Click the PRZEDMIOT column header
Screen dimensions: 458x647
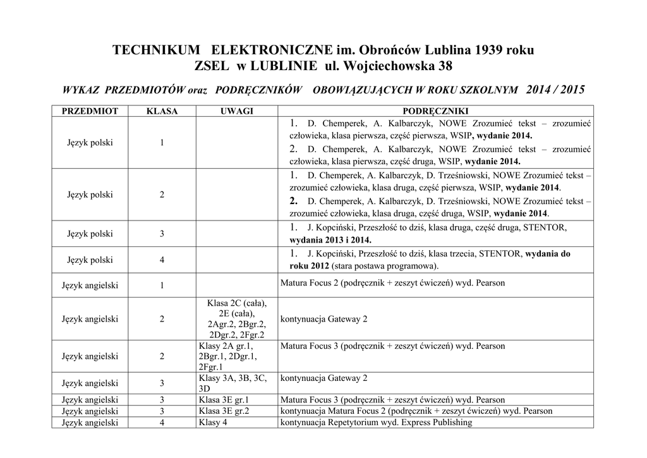click(90, 111)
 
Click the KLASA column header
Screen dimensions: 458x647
click(162, 111)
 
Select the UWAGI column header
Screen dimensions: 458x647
click(236, 111)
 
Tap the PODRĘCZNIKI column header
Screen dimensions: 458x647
click(435, 111)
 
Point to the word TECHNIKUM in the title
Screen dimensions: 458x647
click(158, 50)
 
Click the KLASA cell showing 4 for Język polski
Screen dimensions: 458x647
click(162, 260)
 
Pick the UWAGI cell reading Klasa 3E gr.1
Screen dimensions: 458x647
click(224, 400)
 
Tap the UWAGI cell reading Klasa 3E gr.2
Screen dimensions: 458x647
click(224, 411)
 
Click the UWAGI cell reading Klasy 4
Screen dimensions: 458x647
click(213, 422)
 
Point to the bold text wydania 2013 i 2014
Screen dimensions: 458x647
click(330, 240)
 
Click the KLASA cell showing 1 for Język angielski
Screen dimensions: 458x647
click(162, 285)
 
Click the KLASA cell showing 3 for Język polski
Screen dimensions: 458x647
click(162, 234)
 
